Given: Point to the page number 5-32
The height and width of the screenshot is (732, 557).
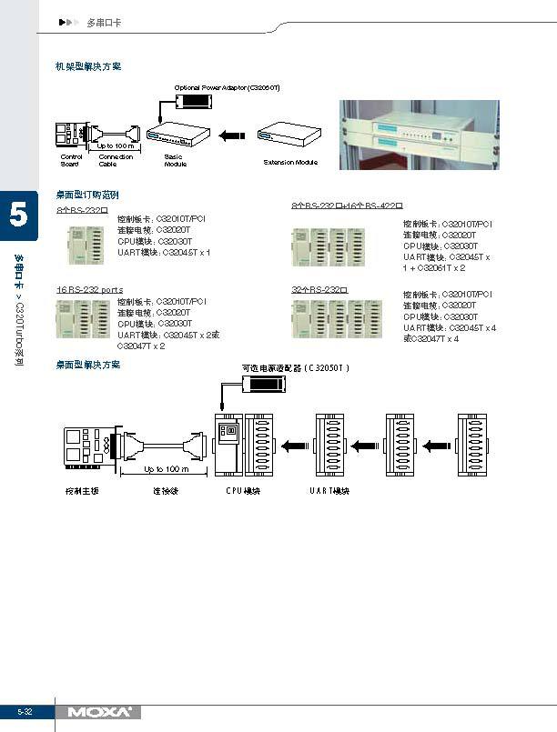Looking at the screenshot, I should pyautogui.click(x=24, y=711).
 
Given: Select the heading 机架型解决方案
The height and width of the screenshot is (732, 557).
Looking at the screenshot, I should pyautogui.click(x=88, y=66).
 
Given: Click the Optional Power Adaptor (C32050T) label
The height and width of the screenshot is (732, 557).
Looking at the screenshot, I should pyautogui.click(x=227, y=87).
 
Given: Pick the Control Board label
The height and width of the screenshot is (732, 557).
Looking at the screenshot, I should pyautogui.click(x=70, y=160).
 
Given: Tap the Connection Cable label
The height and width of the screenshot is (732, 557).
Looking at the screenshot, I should pyautogui.click(x=116, y=160).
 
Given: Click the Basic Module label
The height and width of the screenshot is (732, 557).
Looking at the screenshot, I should pyautogui.click(x=175, y=160).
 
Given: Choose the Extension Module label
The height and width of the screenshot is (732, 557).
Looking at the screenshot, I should pyautogui.click(x=290, y=162).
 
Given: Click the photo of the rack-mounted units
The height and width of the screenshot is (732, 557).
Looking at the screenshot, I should pyautogui.click(x=420, y=134).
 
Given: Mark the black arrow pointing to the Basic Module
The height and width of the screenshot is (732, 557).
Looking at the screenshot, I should pyautogui.click(x=232, y=136).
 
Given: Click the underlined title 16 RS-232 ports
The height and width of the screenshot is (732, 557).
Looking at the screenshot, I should pyautogui.click(x=90, y=289).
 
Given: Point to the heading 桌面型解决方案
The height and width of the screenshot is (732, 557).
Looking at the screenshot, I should pyautogui.click(x=88, y=364).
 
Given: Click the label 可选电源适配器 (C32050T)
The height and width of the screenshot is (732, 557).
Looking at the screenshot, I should pyautogui.click(x=295, y=368).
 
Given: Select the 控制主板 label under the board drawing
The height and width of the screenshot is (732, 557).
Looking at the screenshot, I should pyautogui.click(x=81, y=490).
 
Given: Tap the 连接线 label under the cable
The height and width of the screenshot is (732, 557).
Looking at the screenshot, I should pyautogui.click(x=165, y=490).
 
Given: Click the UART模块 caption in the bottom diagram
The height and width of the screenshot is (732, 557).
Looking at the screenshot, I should pyautogui.click(x=329, y=490).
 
